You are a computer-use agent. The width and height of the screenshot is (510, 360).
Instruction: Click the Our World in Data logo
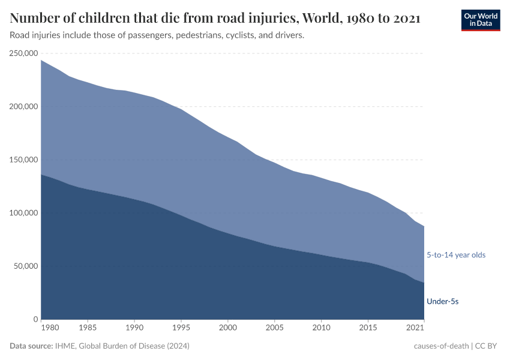click(480, 20)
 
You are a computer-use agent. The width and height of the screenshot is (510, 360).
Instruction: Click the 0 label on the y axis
click(36, 319)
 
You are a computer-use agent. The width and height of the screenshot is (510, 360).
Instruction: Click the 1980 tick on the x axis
click(50, 328)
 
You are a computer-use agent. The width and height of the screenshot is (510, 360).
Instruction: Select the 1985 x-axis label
click(88, 328)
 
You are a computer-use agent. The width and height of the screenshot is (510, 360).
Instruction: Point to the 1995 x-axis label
click(181, 328)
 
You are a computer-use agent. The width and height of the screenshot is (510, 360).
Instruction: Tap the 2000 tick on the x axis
click(228, 328)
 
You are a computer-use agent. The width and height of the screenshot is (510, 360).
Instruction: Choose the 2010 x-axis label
click(322, 328)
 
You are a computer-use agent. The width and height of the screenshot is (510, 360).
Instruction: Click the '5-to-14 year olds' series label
click(456, 255)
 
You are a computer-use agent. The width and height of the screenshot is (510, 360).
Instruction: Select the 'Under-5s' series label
click(442, 301)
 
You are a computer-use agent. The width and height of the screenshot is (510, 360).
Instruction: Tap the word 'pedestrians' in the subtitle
click(200, 35)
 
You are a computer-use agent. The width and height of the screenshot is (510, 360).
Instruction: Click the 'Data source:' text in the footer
click(31, 346)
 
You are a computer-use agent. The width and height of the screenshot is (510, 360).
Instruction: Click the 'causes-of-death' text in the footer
click(441, 346)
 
